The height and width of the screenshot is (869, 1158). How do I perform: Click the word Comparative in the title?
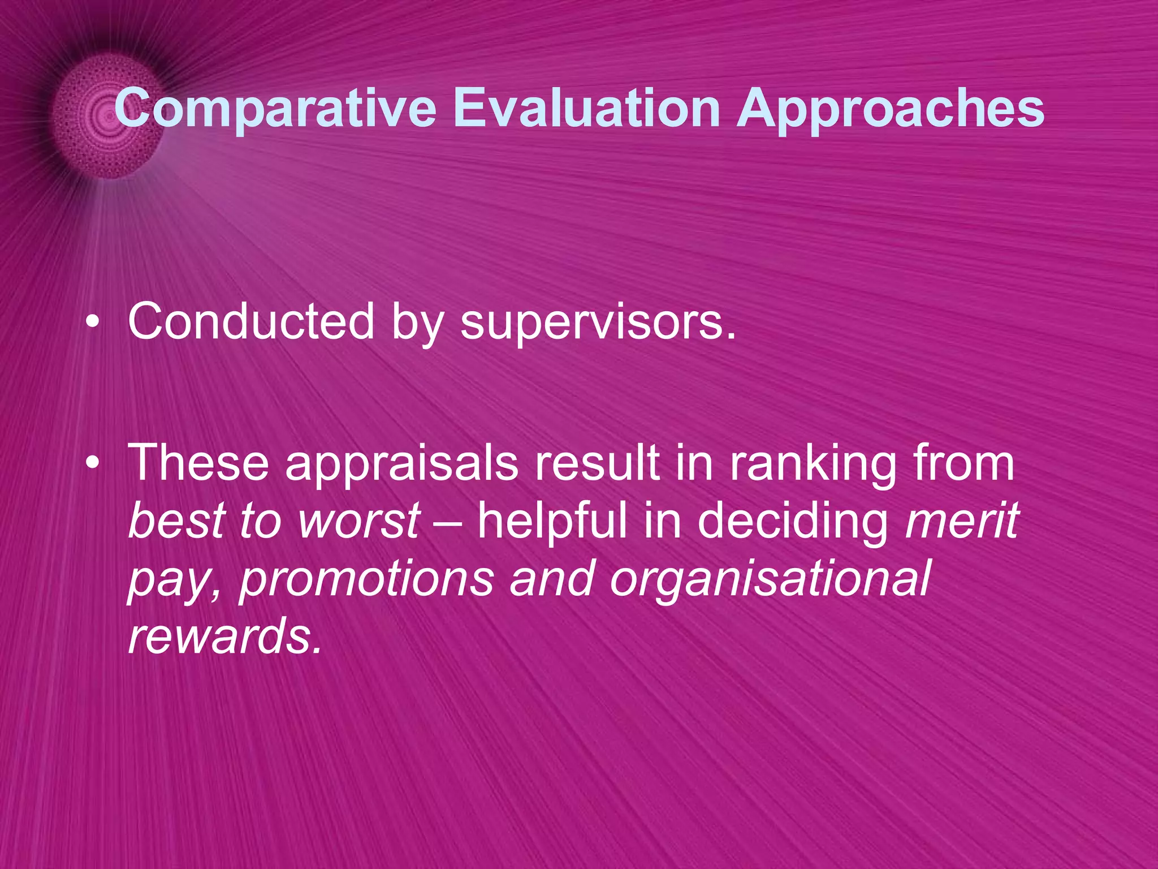(275, 109)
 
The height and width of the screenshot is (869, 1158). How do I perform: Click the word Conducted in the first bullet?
(250, 321)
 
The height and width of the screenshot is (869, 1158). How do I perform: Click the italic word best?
(175, 520)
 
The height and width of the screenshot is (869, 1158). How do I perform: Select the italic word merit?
(961, 520)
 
